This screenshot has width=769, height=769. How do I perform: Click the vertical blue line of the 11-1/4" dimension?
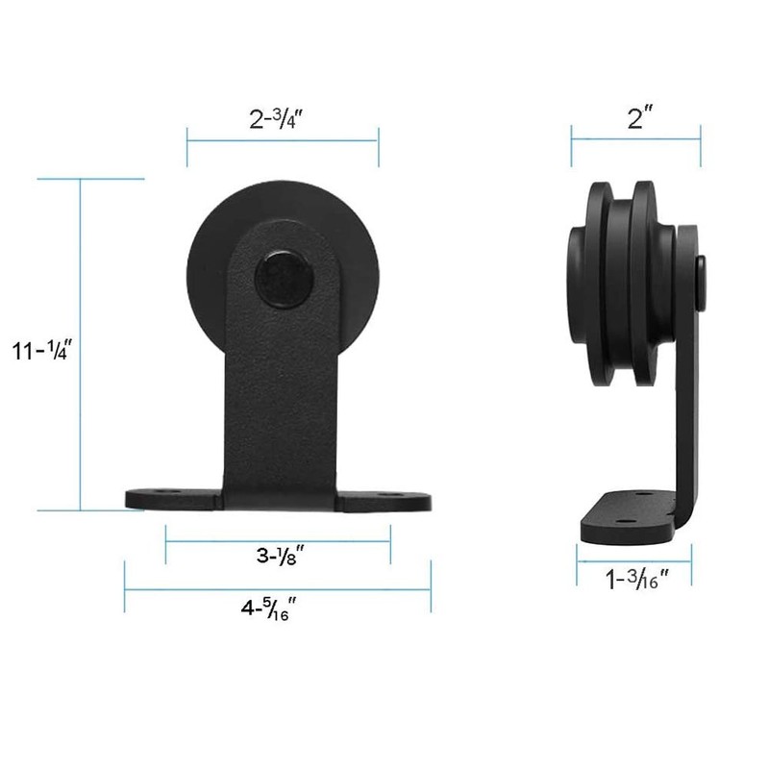(81, 346)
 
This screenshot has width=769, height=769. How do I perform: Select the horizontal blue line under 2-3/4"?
(283, 140)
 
